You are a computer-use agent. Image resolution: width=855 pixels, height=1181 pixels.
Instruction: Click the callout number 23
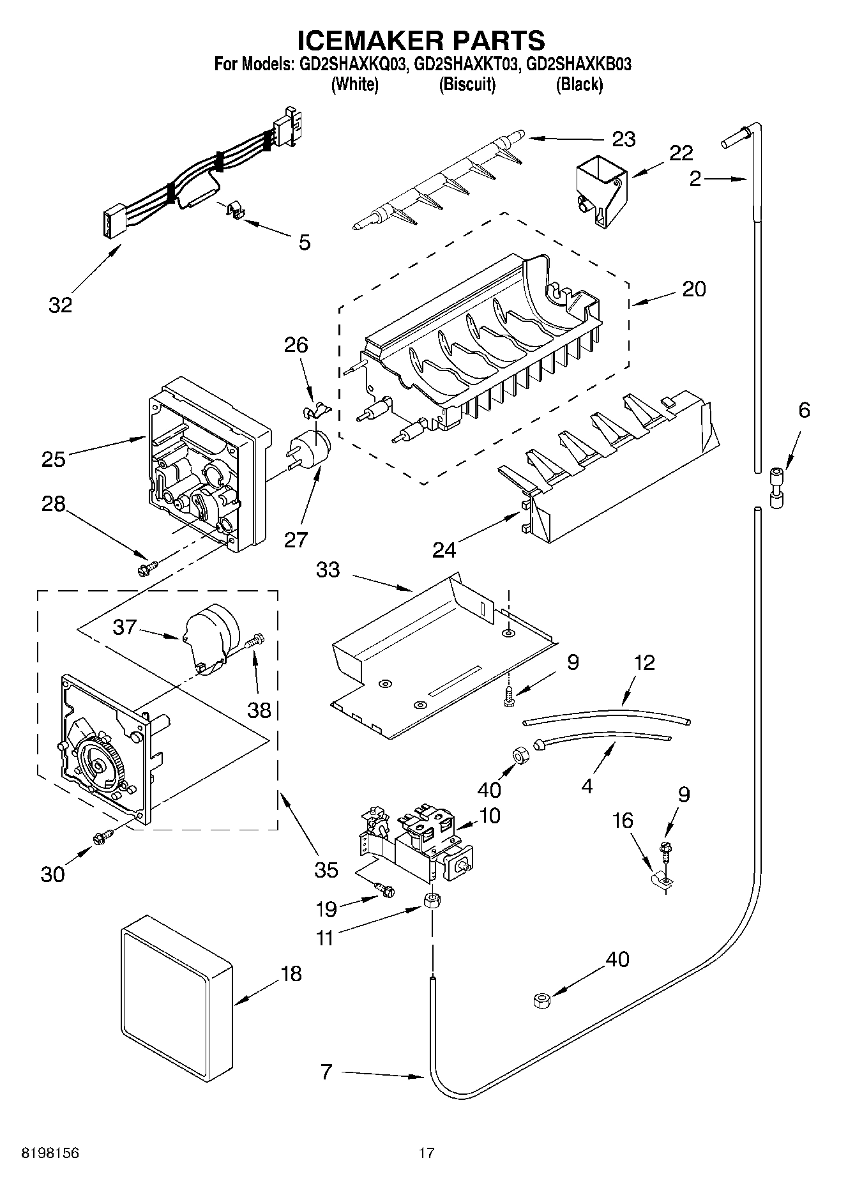624,139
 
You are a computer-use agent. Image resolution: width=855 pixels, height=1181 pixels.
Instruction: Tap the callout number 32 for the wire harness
61,305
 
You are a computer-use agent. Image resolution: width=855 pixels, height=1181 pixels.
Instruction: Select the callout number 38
259,710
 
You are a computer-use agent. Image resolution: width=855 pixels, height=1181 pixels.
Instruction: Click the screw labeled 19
385,889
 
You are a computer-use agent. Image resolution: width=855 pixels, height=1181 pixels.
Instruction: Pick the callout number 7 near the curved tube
326,1071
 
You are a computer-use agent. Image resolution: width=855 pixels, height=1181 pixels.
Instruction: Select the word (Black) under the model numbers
579,84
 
